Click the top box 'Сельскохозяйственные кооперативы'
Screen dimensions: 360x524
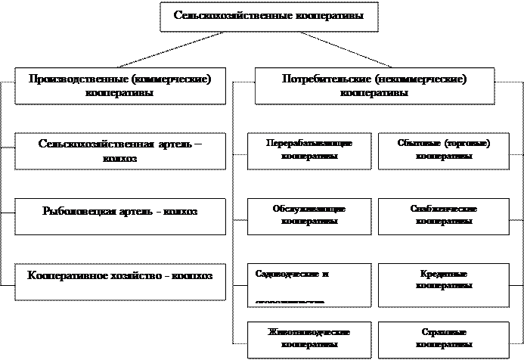(x=268, y=15)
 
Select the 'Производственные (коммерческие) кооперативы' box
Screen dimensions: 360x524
(x=119, y=85)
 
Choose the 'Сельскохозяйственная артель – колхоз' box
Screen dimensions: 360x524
(x=119, y=151)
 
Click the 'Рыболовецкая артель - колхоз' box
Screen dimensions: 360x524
(x=119, y=213)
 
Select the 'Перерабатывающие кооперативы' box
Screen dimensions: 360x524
(x=309, y=149)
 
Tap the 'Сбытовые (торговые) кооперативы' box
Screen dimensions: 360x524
(x=444, y=149)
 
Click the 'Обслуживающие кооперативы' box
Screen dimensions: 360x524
(x=309, y=215)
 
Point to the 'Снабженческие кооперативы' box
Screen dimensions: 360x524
(x=444, y=215)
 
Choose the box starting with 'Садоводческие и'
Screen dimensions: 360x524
(x=309, y=282)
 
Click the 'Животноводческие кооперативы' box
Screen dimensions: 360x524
(x=309, y=338)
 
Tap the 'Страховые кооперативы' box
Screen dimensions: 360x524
(x=444, y=338)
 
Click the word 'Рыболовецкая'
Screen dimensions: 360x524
(x=73, y=212)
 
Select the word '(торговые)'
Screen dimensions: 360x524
(x=468, y=143)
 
